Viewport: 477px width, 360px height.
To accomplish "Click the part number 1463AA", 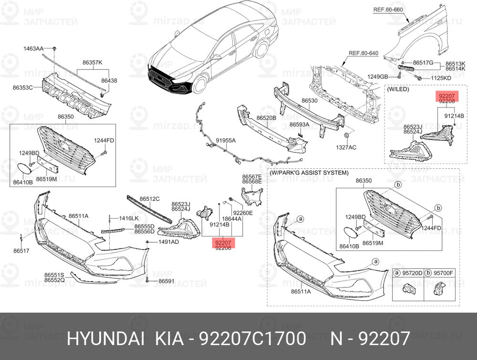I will point(33,49).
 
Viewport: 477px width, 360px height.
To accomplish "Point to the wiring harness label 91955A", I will point(226,141).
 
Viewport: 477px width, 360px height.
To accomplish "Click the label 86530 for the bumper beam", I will point(309,101).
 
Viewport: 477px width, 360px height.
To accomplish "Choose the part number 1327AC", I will point(347,148).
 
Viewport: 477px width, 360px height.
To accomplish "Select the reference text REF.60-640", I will point(363,53).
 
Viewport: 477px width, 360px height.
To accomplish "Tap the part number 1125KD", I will point(440,77).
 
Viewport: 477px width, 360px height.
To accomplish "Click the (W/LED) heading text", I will point(399,89).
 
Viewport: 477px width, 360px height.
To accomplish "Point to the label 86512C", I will point(149,198).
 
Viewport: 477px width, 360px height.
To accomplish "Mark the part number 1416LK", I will point(128,218).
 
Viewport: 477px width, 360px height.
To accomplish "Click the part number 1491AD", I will point(168,242).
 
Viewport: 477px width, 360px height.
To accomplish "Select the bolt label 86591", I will point(166,281).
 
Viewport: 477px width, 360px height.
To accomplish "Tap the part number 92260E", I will point(243,213).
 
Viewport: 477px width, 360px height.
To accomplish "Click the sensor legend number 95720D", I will point(413,273).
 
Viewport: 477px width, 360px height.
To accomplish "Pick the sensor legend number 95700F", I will point(444,273).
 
